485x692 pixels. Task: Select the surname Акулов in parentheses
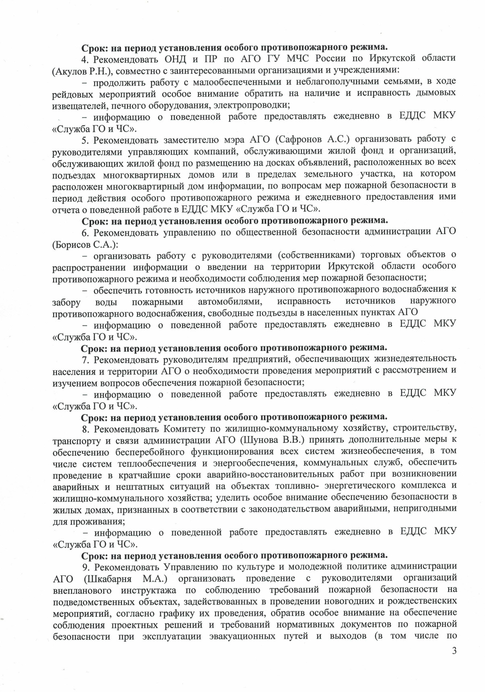tap(68, 70)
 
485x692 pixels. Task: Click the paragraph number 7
tap(85, 358)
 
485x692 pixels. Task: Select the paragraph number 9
tap(85, 567)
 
